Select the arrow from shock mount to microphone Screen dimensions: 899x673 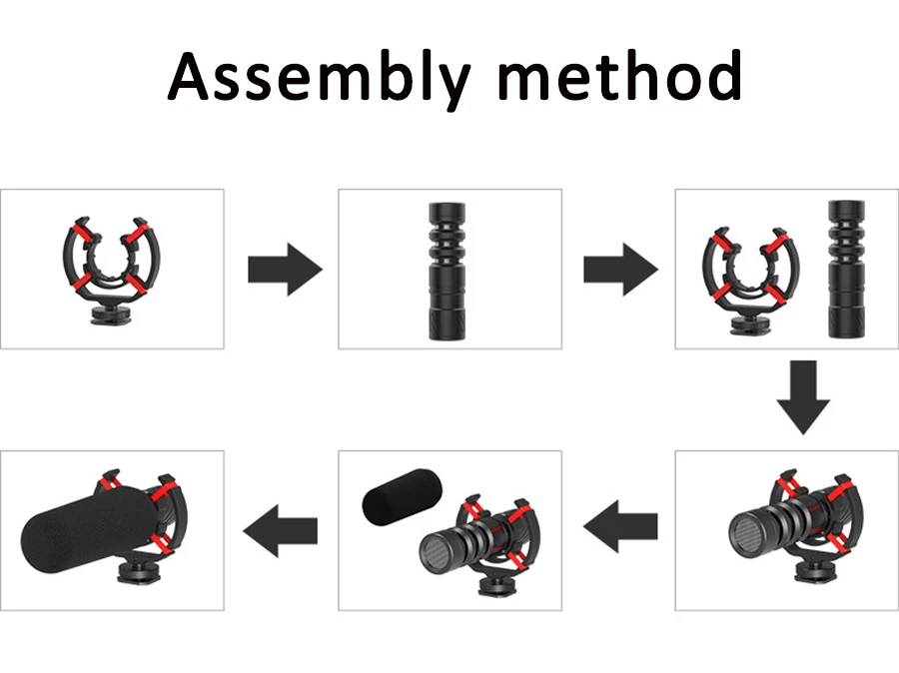point(285,270)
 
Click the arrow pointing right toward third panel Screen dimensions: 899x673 point(620,270)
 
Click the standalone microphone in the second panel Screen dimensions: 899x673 point(449,271)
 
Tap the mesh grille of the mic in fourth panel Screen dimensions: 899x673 point(745,528)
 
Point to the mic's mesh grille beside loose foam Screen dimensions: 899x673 point(437,551)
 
